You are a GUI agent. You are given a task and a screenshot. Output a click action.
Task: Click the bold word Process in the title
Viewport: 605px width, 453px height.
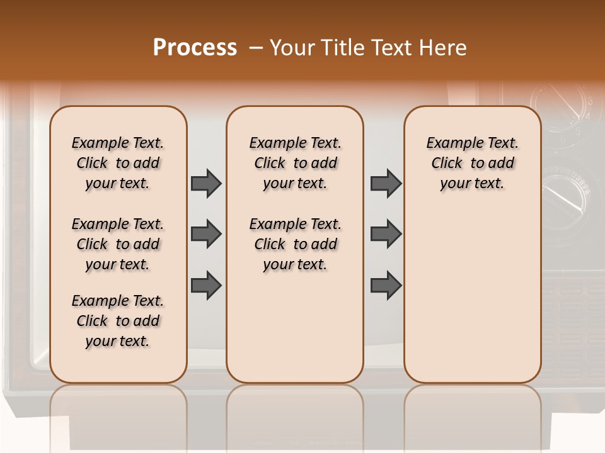(195, 48)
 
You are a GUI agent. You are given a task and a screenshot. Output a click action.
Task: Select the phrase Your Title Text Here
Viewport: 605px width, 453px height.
(368, 48)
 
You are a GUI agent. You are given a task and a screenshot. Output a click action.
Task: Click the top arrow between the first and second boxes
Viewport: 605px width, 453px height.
(206, 184)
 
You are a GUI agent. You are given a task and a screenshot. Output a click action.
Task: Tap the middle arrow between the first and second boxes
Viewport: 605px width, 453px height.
(206, 234)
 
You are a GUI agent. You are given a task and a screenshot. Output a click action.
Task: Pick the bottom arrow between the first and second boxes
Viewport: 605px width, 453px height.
(206, 285)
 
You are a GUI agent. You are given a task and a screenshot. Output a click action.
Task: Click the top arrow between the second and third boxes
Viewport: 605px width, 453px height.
(386, 184)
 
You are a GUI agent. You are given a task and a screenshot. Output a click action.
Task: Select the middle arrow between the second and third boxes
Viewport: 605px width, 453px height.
(386, 234)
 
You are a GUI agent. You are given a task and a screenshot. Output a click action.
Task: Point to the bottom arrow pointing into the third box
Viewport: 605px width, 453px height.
(386, 285)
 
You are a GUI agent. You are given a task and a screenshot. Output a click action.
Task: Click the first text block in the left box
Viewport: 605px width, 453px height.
(117, 163)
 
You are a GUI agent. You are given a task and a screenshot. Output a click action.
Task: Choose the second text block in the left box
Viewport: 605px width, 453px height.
(117, 244)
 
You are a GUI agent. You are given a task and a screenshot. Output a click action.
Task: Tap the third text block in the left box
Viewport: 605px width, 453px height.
(117, 321)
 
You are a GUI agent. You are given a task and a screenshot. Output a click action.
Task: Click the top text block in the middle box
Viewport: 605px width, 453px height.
(295, 163)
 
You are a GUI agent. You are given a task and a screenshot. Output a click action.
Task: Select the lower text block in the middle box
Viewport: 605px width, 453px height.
(295, 244)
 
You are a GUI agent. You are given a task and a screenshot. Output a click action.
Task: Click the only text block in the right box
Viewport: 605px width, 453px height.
(472, 163)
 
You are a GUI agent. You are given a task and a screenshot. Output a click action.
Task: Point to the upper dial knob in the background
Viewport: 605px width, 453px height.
(561, 107)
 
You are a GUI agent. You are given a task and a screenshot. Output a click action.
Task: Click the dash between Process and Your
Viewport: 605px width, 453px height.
(256, 48)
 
